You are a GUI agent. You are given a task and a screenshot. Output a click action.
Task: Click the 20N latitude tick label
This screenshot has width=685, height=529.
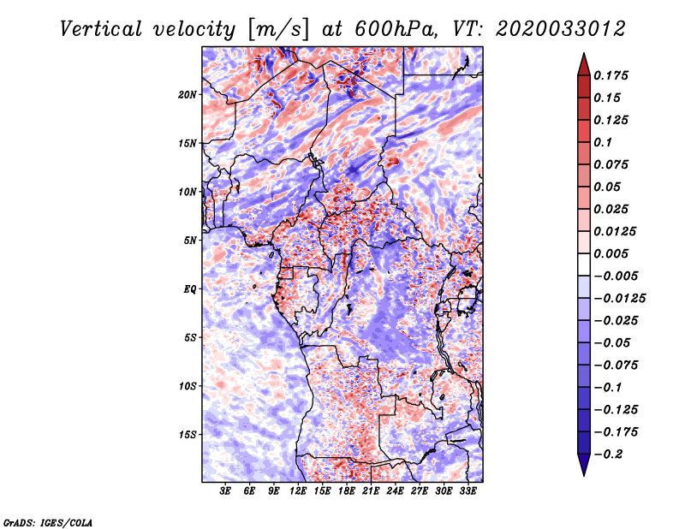click(x=188, y=95)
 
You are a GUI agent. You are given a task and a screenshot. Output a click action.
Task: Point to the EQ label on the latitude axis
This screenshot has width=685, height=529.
click(x=190, y=289)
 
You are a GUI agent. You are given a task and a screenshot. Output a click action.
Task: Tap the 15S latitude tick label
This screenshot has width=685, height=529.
click(x=188, y=435)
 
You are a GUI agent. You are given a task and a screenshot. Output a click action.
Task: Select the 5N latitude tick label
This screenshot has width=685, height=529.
click(x=190, y=241)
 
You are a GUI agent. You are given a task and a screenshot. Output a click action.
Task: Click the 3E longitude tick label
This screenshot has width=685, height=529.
click(x=225, y=491)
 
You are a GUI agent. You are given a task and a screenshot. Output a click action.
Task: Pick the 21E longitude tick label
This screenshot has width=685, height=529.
click(x=371, y=491)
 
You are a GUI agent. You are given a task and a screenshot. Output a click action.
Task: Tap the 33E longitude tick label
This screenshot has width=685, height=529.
click(x=468, y=491)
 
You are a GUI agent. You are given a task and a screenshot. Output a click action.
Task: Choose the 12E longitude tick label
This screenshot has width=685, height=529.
click(x=298, y=491)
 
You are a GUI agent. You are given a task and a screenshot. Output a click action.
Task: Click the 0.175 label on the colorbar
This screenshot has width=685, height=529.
click(x=611, y=75)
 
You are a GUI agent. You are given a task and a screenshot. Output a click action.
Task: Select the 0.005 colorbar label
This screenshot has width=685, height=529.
click(x=611, y=253)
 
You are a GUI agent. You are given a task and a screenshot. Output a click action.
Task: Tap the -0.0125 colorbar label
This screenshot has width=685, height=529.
click(x=619, y=299)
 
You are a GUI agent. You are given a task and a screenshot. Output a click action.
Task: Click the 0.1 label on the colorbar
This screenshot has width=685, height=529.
click(x=603, y=142)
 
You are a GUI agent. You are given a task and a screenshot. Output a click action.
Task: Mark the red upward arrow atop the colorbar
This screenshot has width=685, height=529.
click(x=584, y=66)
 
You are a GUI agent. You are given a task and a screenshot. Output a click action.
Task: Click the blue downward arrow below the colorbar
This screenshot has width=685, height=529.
click(x=584, y=464)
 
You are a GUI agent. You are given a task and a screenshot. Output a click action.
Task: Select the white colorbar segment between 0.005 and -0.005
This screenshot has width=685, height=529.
click(x=584, y=264)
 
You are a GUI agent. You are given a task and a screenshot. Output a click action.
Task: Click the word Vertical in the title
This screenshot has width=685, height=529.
click(x=100, y=29)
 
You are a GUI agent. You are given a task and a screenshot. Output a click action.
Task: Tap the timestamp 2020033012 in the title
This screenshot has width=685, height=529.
click(x=561, y=29)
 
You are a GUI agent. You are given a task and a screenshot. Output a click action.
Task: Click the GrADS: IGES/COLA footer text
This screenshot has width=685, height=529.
click(x=48, y=522)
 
